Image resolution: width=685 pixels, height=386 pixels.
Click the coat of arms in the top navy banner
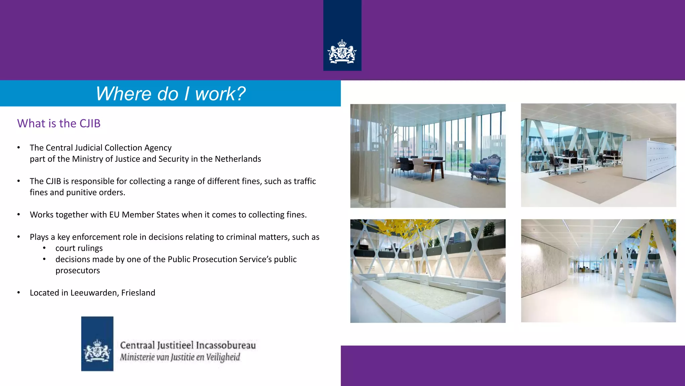tap(342, 52)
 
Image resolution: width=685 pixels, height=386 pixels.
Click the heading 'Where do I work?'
tap(171, 93)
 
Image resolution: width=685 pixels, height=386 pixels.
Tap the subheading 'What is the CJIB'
tap(59, 123)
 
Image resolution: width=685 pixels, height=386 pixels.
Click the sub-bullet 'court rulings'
tap(79, 248)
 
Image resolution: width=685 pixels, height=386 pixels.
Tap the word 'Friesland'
tap(138, 293)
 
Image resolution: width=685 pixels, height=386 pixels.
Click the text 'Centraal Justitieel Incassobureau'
tap(188, 345)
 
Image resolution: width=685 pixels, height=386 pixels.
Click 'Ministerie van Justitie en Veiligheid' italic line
tap(180, 357)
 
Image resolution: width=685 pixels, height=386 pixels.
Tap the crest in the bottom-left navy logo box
tap(97, 350)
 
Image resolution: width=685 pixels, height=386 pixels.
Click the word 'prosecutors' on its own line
tap(78, 271)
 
